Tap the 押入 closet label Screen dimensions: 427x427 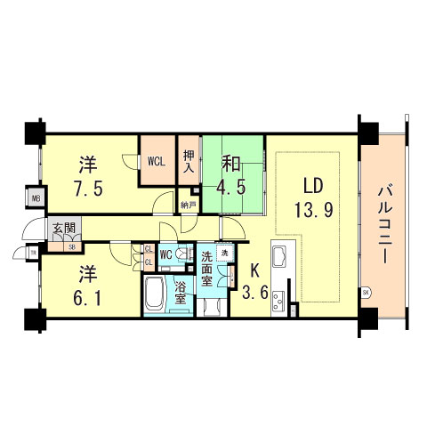(189, 161)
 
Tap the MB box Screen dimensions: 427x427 (36, 199)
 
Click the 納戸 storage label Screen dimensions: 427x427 (187, 205)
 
